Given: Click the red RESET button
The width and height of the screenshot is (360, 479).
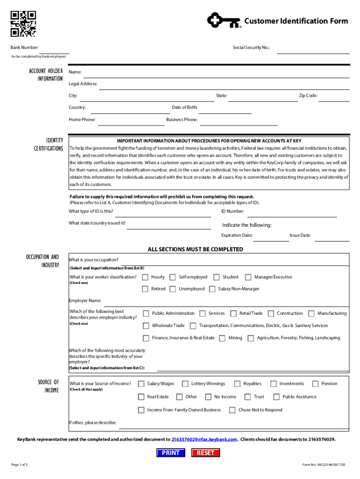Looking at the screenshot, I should pyautogui.click(x=206, y=453).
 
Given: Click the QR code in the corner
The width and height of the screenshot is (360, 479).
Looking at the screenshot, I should pyautogui.click(x=23, y=23).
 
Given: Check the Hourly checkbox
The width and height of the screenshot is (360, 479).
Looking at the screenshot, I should pyautogui.click(x=145, y=277).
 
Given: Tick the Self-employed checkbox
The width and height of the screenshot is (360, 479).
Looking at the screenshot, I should pyautogui.click(x=173, y=277).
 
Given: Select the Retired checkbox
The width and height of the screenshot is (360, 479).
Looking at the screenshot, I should pyautogui.click(x=145, y=289).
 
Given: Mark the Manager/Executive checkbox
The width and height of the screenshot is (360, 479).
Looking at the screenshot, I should pyautogui.click(x=248, y=277).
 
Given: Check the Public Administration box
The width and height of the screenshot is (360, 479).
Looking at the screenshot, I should pyautogui.click(x=146, y=313).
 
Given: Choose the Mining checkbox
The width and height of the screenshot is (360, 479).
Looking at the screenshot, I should pyautogui.click(x=222, y=338).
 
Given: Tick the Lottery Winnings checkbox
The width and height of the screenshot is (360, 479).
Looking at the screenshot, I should pyautogui.click(x=185, y=384).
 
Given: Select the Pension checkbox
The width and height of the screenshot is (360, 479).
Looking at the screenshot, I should pyautogui.click(x=315, y=384).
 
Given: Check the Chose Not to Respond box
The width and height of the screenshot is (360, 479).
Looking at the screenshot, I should pyautogui.click(x=232, y=410).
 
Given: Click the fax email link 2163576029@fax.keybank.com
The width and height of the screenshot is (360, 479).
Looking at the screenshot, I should pyautogui.click(x=205, y=440).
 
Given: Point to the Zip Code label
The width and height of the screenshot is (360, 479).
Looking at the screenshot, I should pyautogui.click(x=308, y=96).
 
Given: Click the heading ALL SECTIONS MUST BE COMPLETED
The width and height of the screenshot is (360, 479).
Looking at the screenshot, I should pyautogui.click(x=195, y=249).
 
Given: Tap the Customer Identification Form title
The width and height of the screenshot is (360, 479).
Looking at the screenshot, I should pyautogui.click(x=296, y=21).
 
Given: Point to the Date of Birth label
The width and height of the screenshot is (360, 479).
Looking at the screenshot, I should pyautogui.click(x=185, y=108).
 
